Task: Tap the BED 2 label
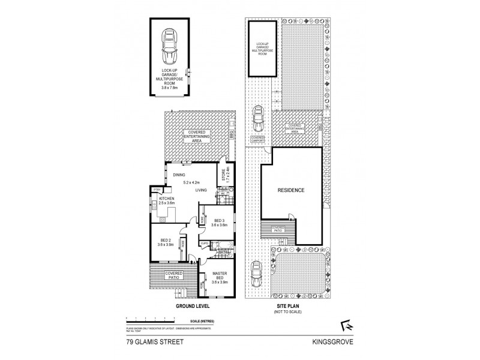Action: point(164,242)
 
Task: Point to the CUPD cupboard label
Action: point(204,243)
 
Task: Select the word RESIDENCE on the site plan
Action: point(291,191)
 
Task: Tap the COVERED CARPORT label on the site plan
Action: point(257,140)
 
